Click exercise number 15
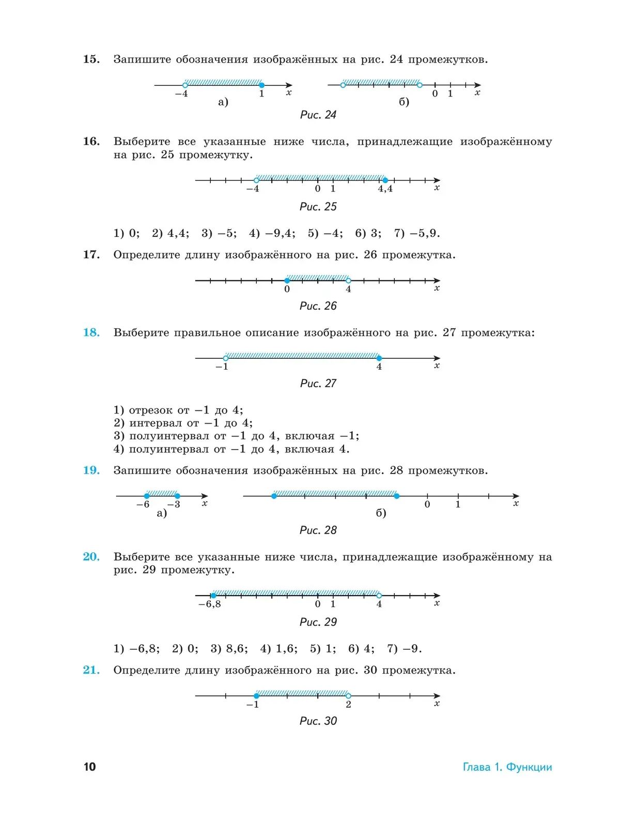91,59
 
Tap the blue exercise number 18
91,332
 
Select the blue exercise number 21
91,670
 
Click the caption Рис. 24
318,115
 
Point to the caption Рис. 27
318,384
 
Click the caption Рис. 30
318,721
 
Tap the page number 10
89,767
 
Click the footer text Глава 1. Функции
507,767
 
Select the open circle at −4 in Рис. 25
256,180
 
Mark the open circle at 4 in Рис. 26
348,281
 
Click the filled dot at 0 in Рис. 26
287,281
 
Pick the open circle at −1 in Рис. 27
226,358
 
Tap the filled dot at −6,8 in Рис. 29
213,596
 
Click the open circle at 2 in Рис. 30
348,696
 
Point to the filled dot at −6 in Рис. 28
147,496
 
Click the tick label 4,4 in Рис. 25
385,189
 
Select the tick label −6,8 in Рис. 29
209,604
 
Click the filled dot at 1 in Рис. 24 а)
261,85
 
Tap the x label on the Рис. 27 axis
437,366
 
